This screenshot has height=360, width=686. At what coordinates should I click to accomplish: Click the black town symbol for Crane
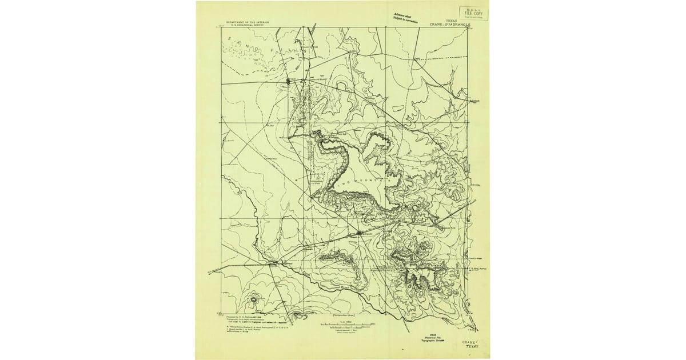click(289, 82)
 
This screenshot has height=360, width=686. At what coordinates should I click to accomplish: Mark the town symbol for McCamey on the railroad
click(358, 233)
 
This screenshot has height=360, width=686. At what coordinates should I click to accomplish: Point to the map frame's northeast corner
click(468, 28)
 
